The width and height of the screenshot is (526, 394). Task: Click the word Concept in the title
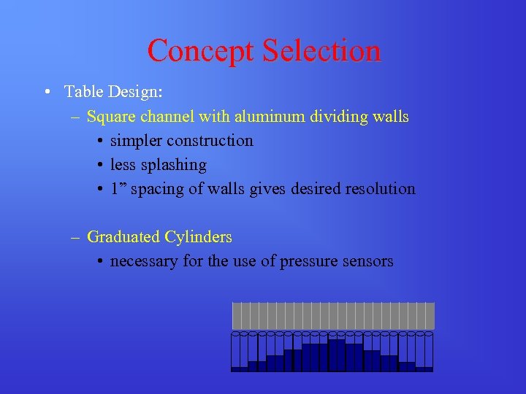click(x=199, y=51)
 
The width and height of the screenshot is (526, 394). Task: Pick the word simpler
click(x=136, y=141)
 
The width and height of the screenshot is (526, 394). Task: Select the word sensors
click(x=368, y=261)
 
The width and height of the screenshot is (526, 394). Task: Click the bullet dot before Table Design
click(x=47, y=93)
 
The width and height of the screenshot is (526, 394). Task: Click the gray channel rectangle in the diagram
click(x=333, y=315)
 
